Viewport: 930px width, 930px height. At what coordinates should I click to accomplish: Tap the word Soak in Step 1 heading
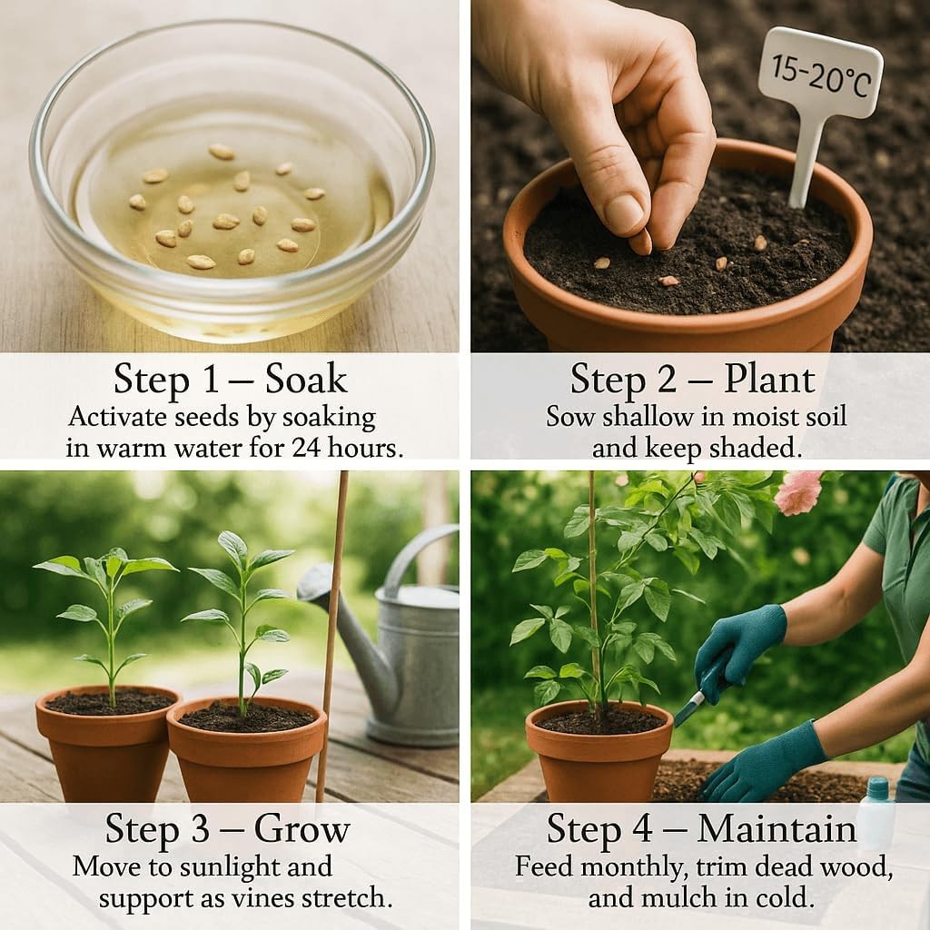(305, 379)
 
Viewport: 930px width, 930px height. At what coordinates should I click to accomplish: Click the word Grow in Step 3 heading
(302, 828)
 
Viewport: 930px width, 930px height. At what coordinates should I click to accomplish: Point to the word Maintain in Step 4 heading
(777, 828)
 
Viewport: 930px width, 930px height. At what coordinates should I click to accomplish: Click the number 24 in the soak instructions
(308, 447)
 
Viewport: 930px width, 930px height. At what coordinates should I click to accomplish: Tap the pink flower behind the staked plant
(799, 492)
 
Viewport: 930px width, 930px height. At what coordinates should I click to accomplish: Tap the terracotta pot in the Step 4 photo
(599, 751)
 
